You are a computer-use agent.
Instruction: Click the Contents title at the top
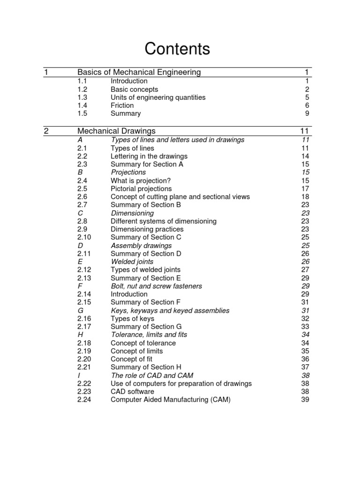tap(177, 49)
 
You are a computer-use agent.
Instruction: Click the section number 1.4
tap(82, 105)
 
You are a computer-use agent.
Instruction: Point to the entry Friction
tap(122, 105)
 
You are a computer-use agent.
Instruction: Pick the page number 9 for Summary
tap(307, 113)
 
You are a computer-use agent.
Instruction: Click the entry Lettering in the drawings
tap(149, 156)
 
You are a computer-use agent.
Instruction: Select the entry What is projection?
tap(141, 180)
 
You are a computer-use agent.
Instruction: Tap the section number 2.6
tap(83, 197)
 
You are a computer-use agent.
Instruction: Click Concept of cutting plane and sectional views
tap(180, 197)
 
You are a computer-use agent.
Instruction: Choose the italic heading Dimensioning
tap(132, 213)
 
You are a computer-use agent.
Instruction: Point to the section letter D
tap(80, 246)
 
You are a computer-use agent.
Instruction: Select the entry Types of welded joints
tap(145, 270)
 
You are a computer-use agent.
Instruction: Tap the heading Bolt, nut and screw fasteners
tap(156, 286)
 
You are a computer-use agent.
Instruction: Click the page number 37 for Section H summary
tap(305, 367)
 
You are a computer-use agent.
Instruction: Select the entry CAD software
tap(132, 391)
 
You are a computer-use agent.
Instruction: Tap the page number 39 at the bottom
tap(305, 399)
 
